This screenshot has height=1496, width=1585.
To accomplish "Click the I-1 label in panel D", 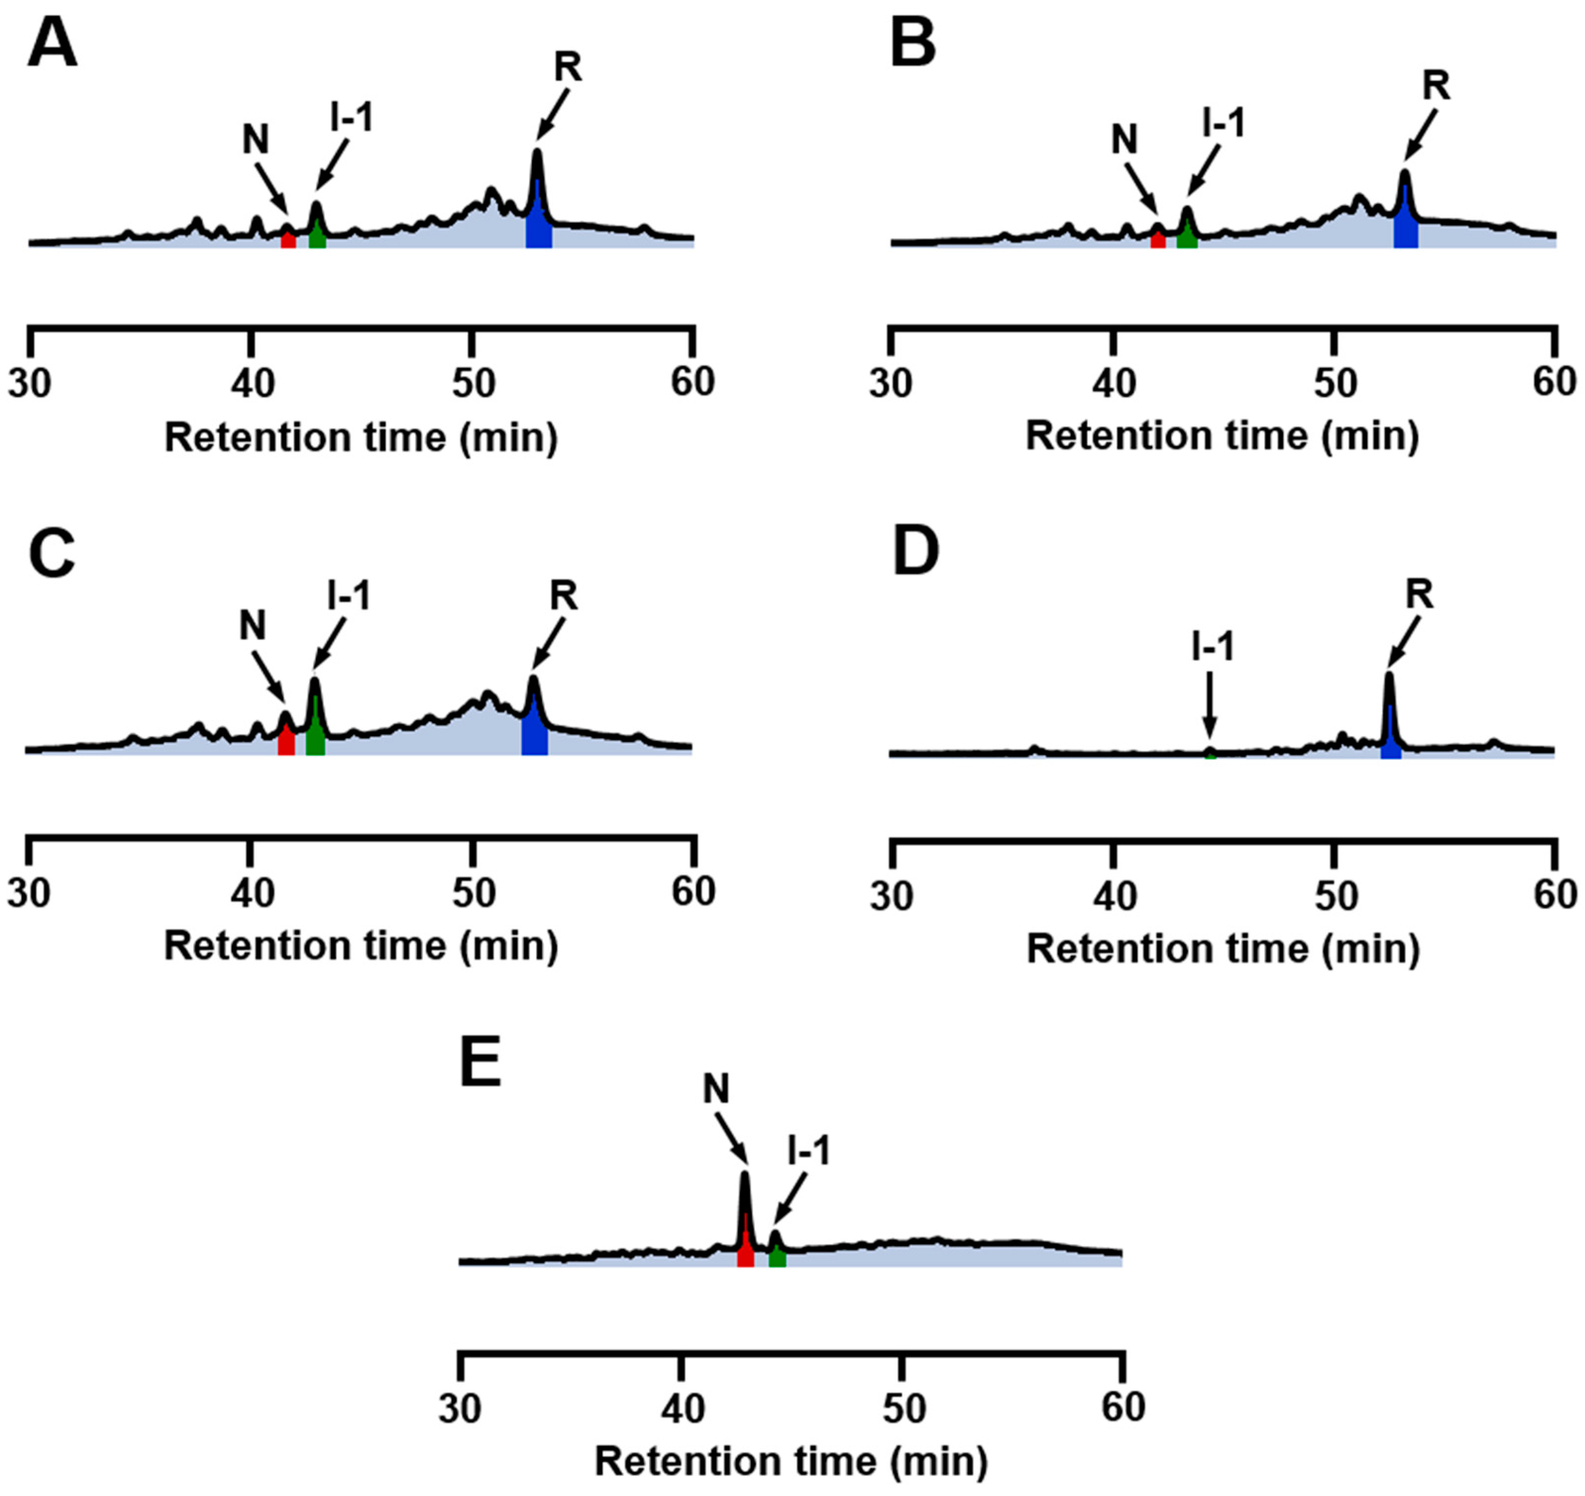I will [1213, 647].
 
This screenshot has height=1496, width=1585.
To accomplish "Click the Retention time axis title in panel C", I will [361, 946].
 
